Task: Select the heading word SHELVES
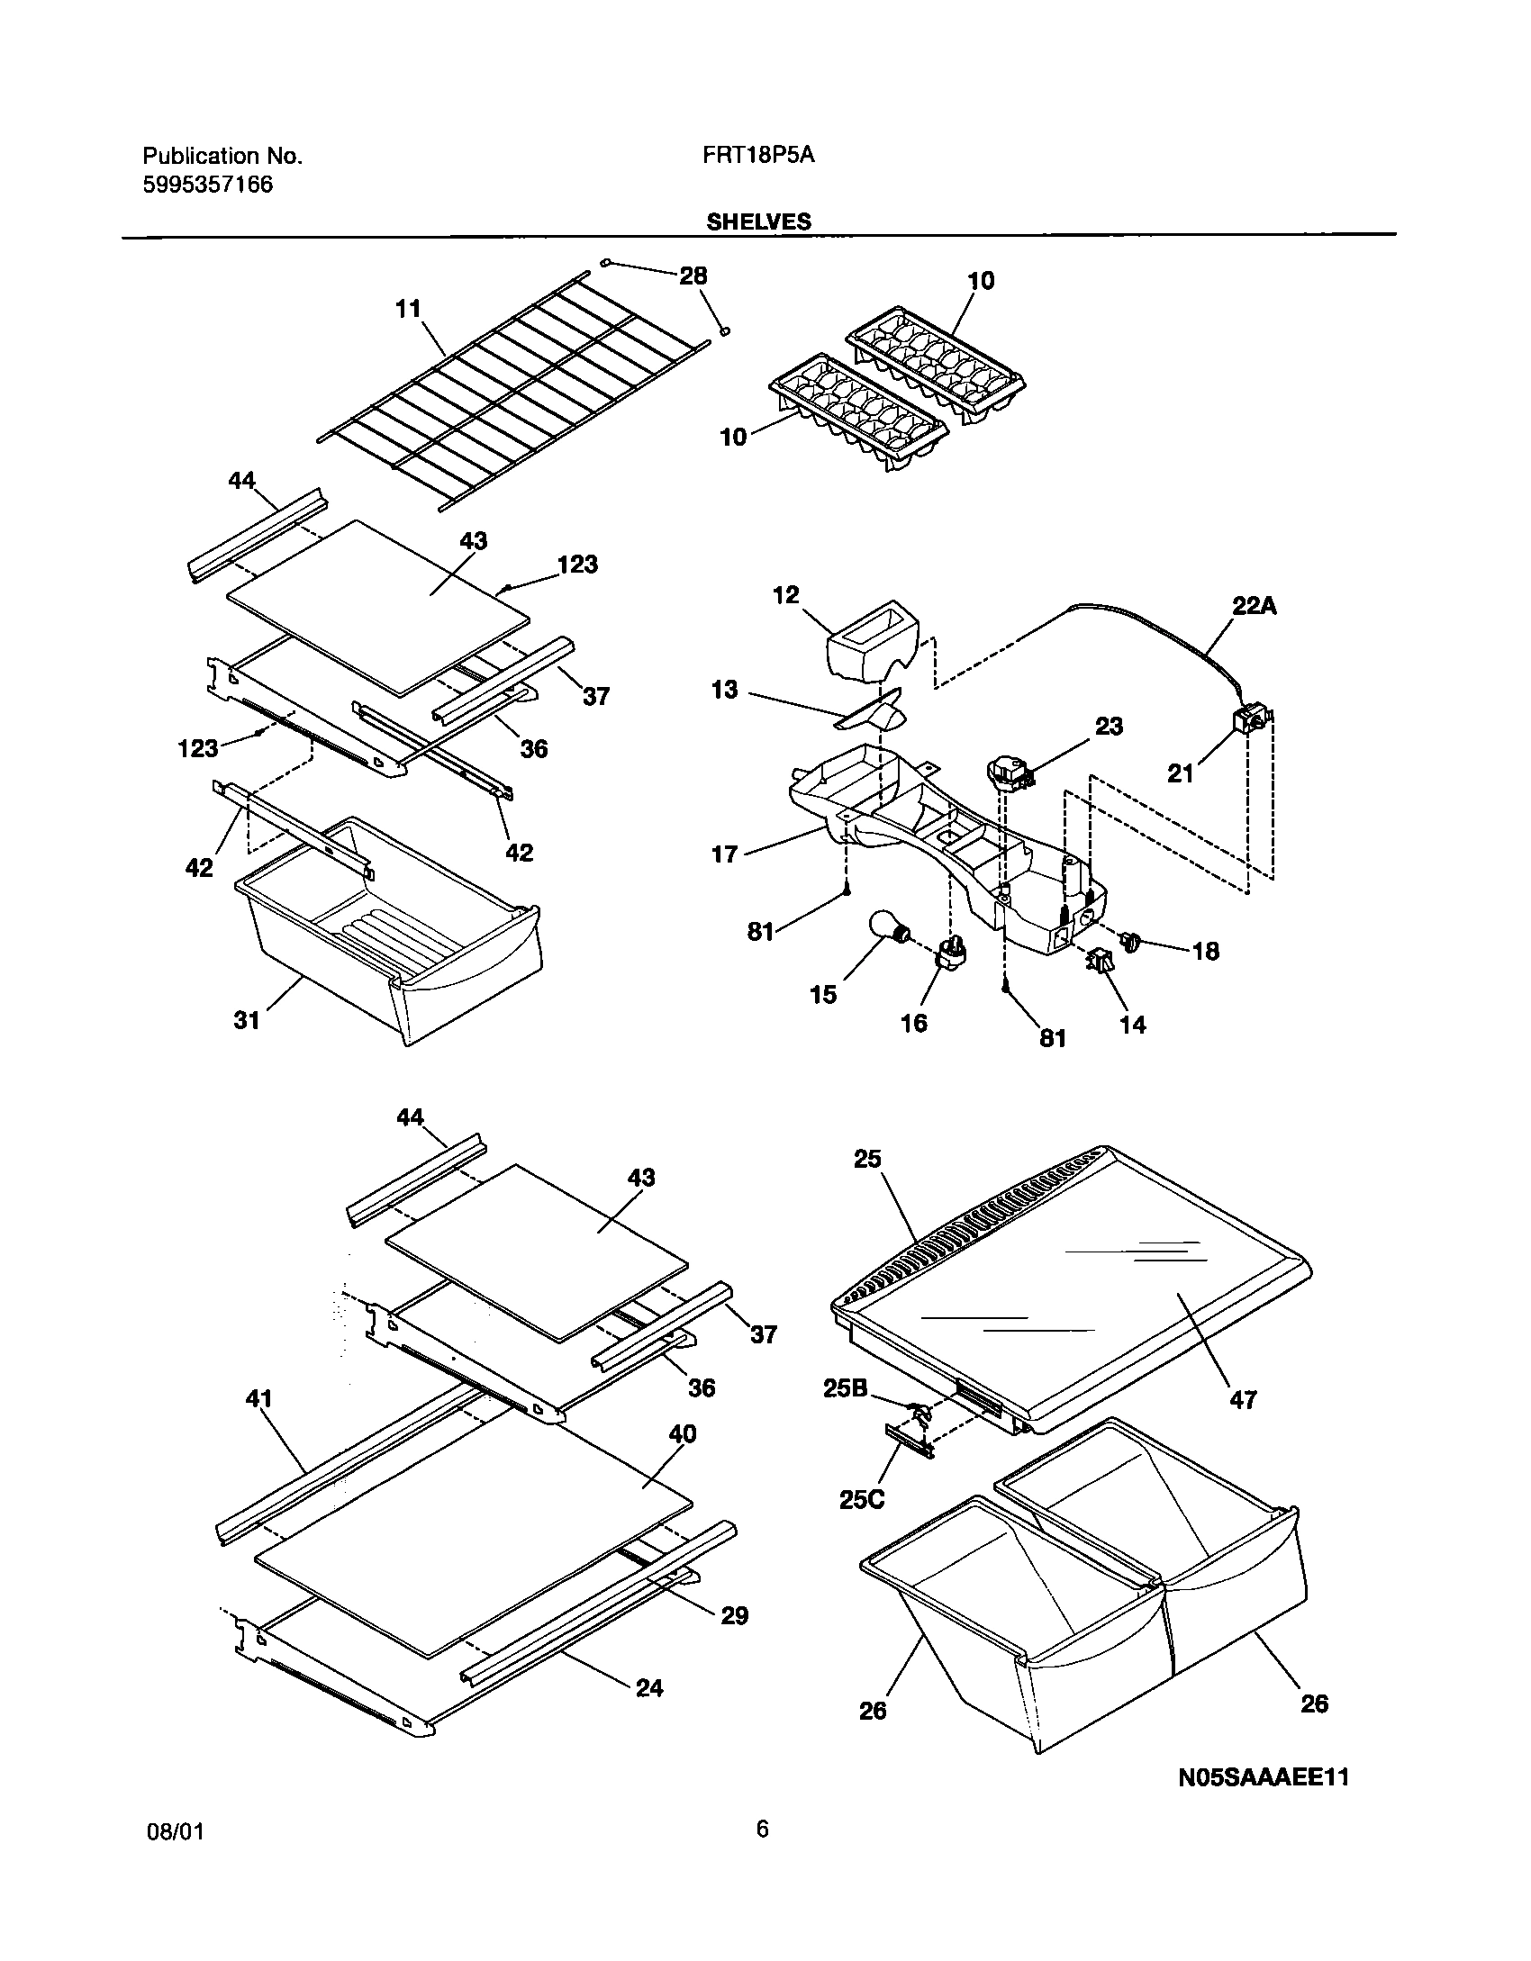point(758,221)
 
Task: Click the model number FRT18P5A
point(758,155)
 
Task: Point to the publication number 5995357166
point(208,185)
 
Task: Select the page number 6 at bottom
point(762,1854)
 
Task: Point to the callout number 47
point(1243,1399)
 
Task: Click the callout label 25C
point(862,1499)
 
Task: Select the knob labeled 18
point(1131,942)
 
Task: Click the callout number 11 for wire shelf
point(408,309)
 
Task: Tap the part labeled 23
point(1007,773)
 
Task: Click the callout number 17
point(724,854)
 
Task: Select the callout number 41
point(258,1398)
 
